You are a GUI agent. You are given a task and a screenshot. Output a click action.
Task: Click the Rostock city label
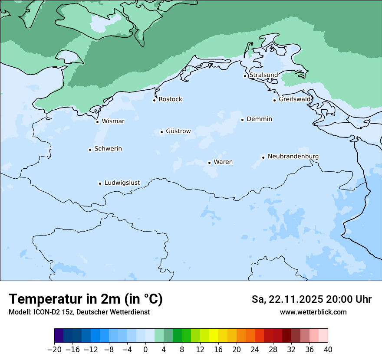(170, 99)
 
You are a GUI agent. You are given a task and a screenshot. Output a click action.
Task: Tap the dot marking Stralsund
(245, 76)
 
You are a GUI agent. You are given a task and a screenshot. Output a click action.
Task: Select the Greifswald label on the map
(294, 99)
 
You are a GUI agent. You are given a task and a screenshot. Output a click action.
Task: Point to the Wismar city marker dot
(97, 122)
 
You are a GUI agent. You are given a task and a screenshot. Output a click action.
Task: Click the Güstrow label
(178, 131)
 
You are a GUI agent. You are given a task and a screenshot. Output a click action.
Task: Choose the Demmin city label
(259, 119)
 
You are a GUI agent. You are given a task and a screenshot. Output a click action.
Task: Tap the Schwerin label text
(108, 149)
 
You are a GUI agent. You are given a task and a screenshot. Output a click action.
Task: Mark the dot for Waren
(209, 163)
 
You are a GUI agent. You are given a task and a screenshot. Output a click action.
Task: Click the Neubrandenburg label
(293, 156)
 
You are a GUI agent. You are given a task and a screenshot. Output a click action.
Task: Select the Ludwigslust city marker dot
(100, 183)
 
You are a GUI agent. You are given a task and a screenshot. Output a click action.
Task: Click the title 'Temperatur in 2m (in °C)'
(86, 299)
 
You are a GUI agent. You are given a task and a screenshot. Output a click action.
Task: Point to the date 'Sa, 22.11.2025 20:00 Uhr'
(311, 299)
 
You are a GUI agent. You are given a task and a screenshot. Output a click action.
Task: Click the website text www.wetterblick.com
(313, 312)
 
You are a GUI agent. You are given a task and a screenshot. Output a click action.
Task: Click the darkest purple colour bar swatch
(59, 336)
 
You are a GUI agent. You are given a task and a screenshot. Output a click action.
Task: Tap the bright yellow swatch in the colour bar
(214, 336)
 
